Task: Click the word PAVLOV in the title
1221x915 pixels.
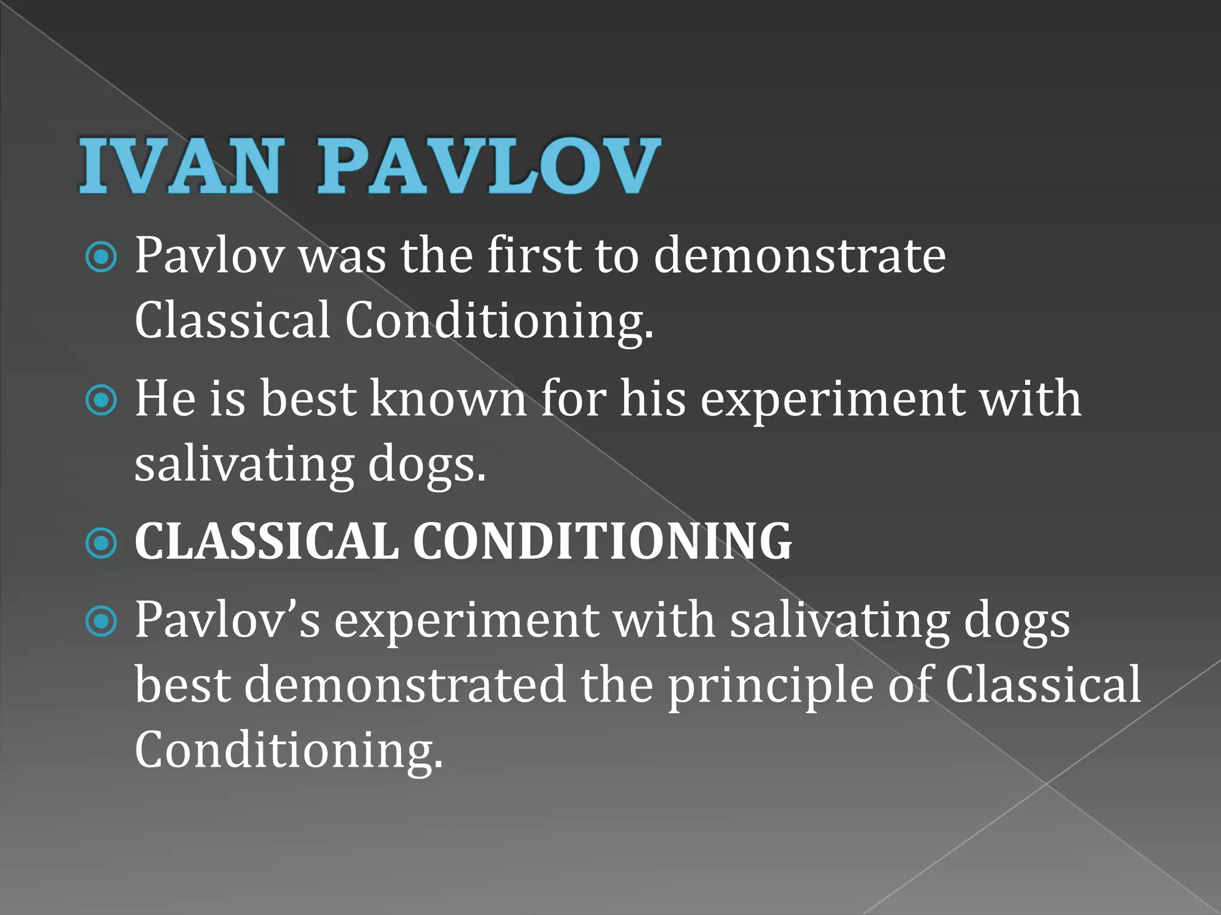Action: (x=489, y=166)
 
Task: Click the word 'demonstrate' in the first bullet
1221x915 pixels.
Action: (x=799, y=256)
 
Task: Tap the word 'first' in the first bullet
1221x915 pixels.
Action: (x=534, y=256)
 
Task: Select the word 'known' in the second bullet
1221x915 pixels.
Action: (x=448, y=399)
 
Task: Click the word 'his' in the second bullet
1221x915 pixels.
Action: (x=653, y=399)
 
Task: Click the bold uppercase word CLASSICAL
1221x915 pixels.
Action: (x=266, y=542)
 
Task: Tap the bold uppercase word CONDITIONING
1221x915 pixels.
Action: (x=602, y=542)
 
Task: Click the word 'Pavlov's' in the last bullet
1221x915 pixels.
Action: (x=227, y=621)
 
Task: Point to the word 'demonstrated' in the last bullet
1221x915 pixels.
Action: (x=405, y=685)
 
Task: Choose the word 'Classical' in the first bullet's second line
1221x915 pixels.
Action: (x=233, y=320)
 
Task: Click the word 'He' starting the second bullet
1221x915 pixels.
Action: (x=165, y=399)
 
